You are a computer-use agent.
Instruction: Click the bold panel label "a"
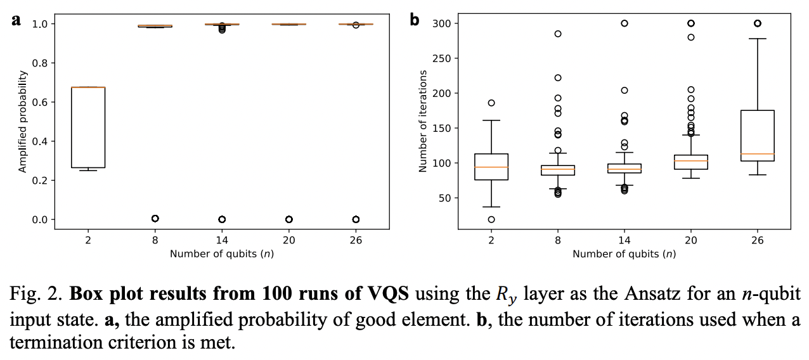pos(16,20)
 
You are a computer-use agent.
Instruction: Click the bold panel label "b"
pos(415,20)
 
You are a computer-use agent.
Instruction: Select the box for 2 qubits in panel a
pos(88,127)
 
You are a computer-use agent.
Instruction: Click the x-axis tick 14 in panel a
pos(222,240)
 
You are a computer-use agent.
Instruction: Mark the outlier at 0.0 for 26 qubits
pos(356,219)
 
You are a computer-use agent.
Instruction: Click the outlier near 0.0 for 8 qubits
pos(155,219)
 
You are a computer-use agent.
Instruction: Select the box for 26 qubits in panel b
pos(757,136)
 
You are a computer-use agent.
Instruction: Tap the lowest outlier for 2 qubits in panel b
pos(491,219)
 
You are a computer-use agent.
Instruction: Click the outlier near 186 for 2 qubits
pos(491,103)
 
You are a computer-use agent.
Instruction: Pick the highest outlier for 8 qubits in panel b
pos(558,34)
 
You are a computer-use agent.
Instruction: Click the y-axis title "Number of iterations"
pos(423,122)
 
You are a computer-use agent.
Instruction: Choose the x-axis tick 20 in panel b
pos(691,240)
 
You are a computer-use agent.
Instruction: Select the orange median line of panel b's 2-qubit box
pos(491,167)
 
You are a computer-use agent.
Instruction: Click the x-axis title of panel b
pos(624,254)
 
